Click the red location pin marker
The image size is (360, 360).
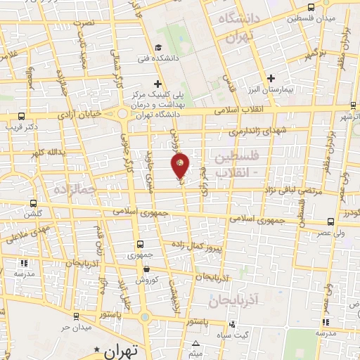pos(181,165)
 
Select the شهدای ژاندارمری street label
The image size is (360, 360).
pos(254,131)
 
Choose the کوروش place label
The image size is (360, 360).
pos(146,280)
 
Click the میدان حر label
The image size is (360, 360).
pos(76,327)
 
